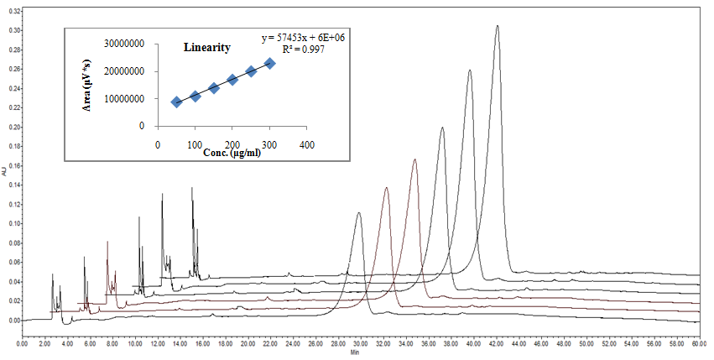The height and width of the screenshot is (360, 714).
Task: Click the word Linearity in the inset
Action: [x=207, y=48]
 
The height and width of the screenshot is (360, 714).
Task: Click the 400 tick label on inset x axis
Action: [x=307, y=144]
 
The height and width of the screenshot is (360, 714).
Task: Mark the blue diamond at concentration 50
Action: [x=176, y=102]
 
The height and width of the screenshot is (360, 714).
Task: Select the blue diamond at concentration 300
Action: [x=270, y=63]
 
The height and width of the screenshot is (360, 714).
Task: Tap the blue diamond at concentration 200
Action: [x=232, y=80]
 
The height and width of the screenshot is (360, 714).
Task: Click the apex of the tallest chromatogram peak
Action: [x=497, y=26]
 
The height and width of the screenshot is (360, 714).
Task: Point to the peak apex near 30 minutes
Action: [x=359, y=213]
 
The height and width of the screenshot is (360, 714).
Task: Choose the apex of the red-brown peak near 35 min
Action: [x=414, y=159]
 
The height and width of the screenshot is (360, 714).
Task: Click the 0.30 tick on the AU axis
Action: [x=12, y=30]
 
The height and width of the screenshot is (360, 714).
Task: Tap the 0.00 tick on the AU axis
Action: [x=12, y=321]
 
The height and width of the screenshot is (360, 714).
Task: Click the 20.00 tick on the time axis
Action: [x=248, y=344]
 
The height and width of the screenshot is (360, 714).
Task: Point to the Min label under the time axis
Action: [x=354, y=352]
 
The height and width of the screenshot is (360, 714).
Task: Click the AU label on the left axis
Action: [x=4, y=172]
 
